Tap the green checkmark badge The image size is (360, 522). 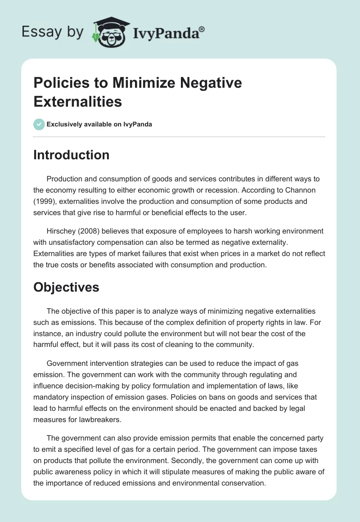point(39,124)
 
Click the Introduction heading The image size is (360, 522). point(71,155)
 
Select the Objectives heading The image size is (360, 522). point(66,287)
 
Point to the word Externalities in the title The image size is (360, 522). point(77,101)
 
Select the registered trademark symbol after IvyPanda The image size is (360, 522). point(202,29)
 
